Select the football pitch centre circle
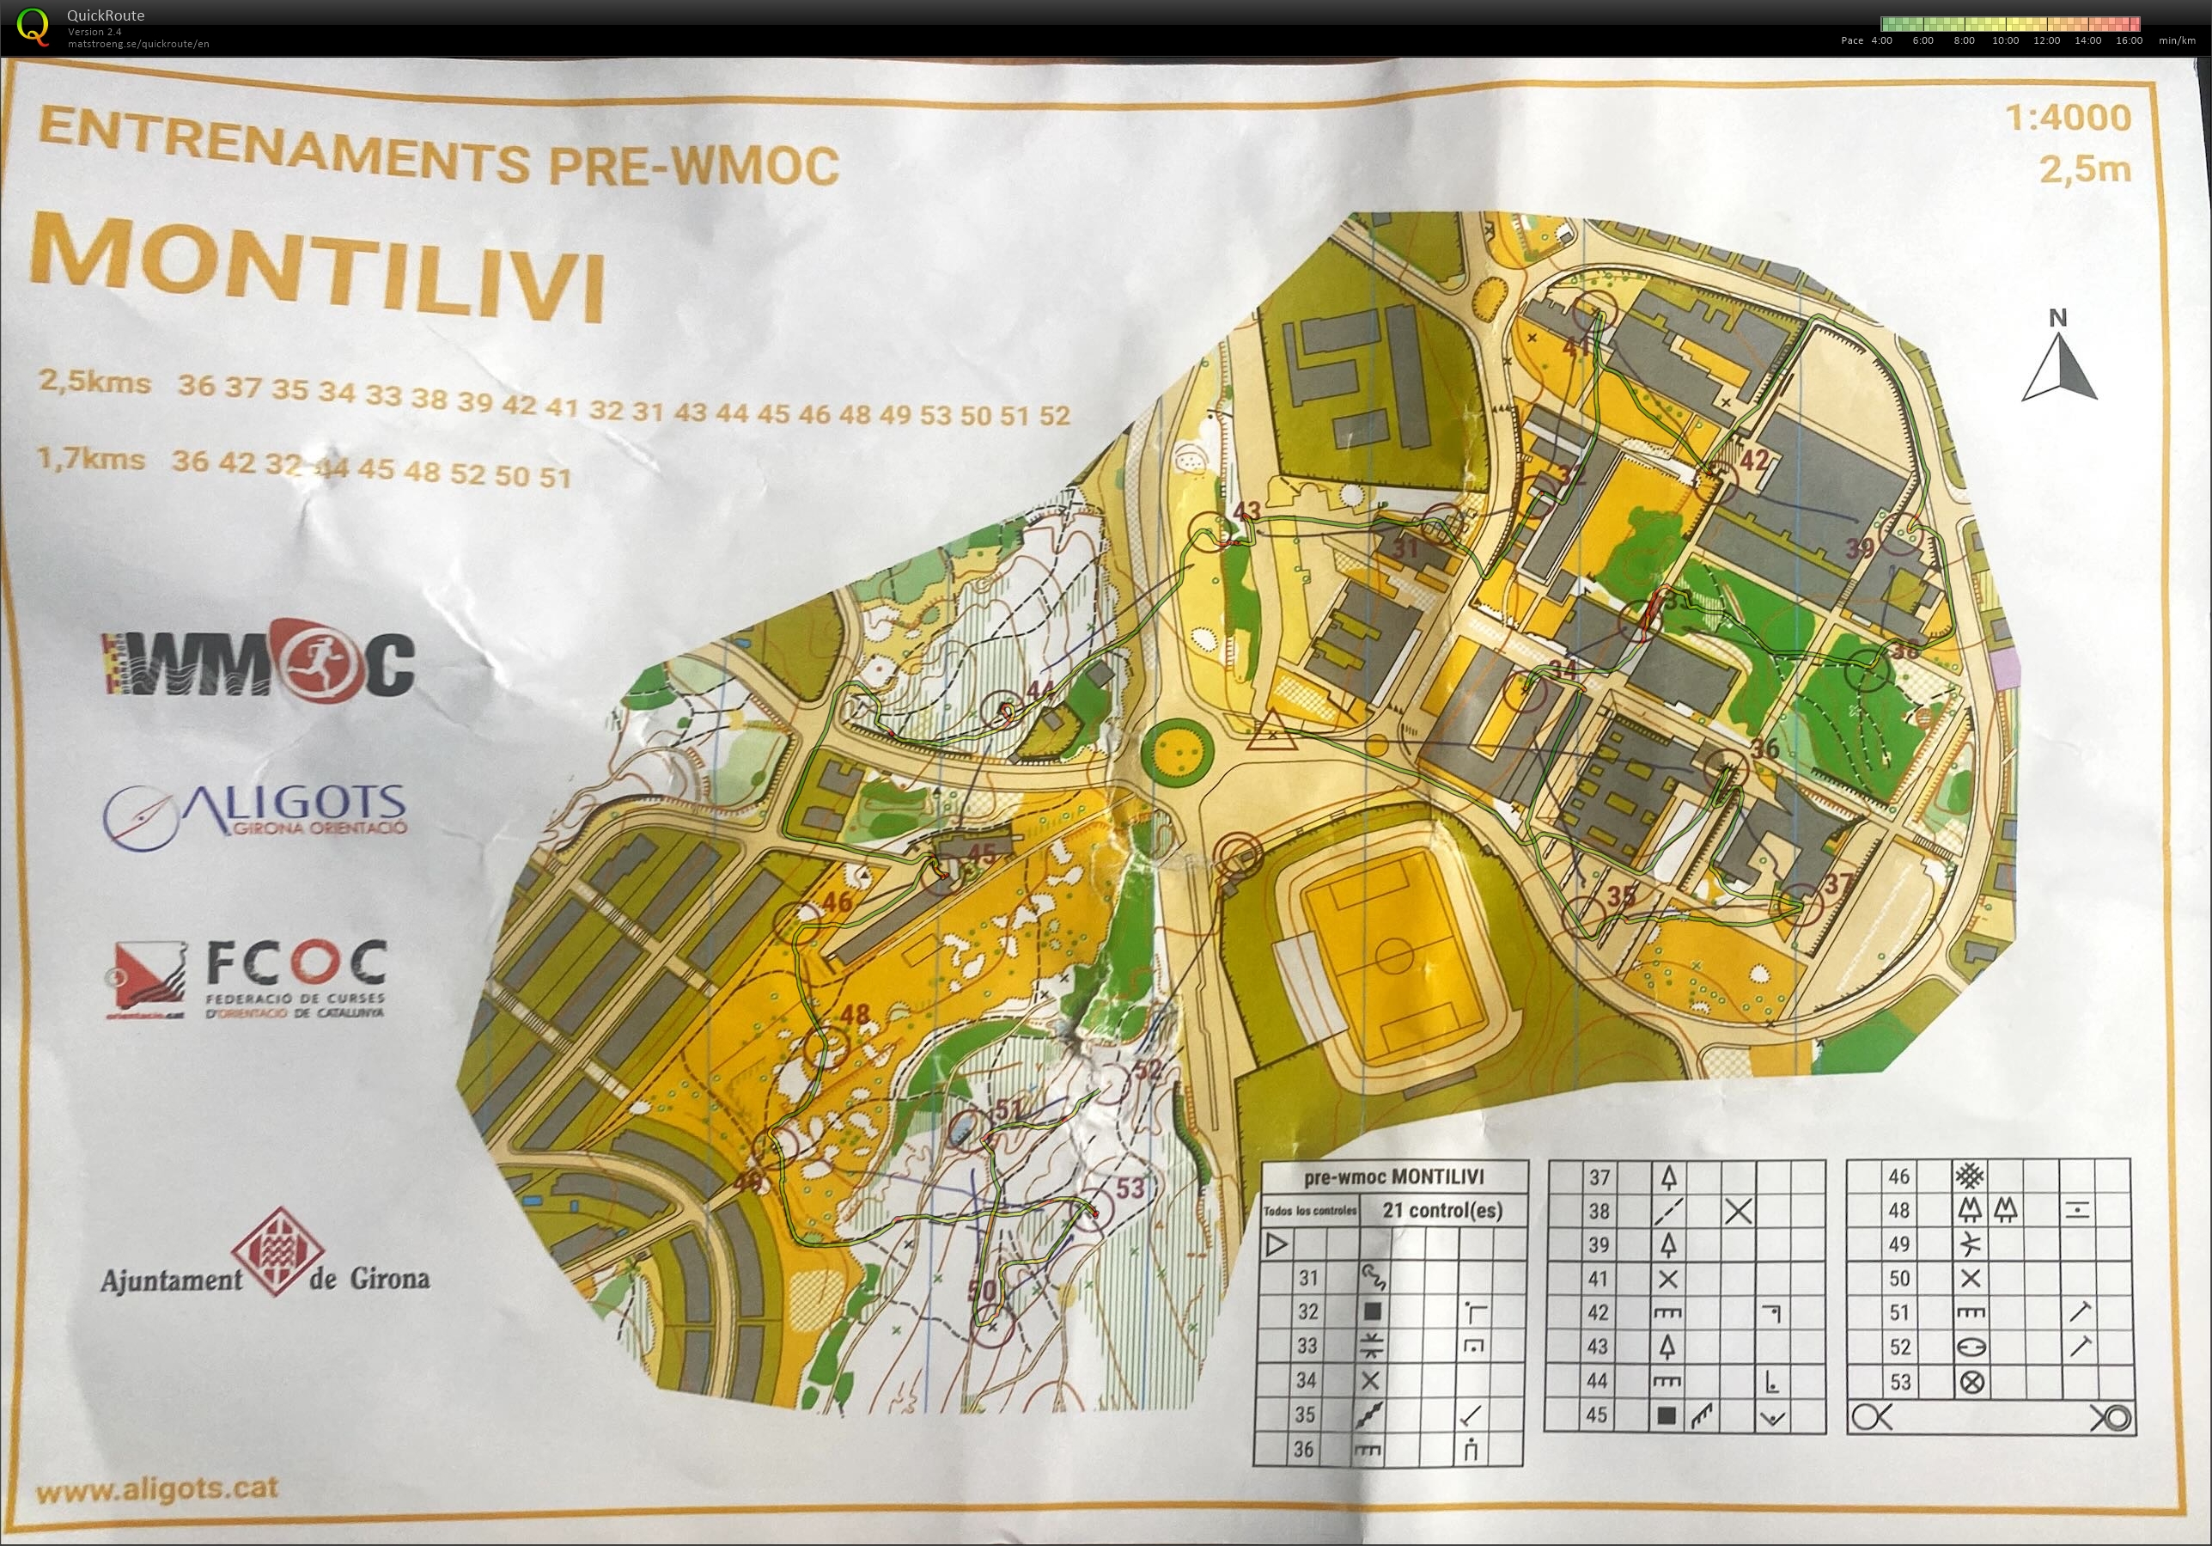pos(1393,957)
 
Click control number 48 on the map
pos(854,1014)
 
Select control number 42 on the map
pos(1753,460)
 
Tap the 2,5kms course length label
pos(94,382)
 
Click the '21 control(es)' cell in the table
pos(1442,1211)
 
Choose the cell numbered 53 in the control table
pos(1900,1382)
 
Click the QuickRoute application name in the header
pos(106,15)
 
